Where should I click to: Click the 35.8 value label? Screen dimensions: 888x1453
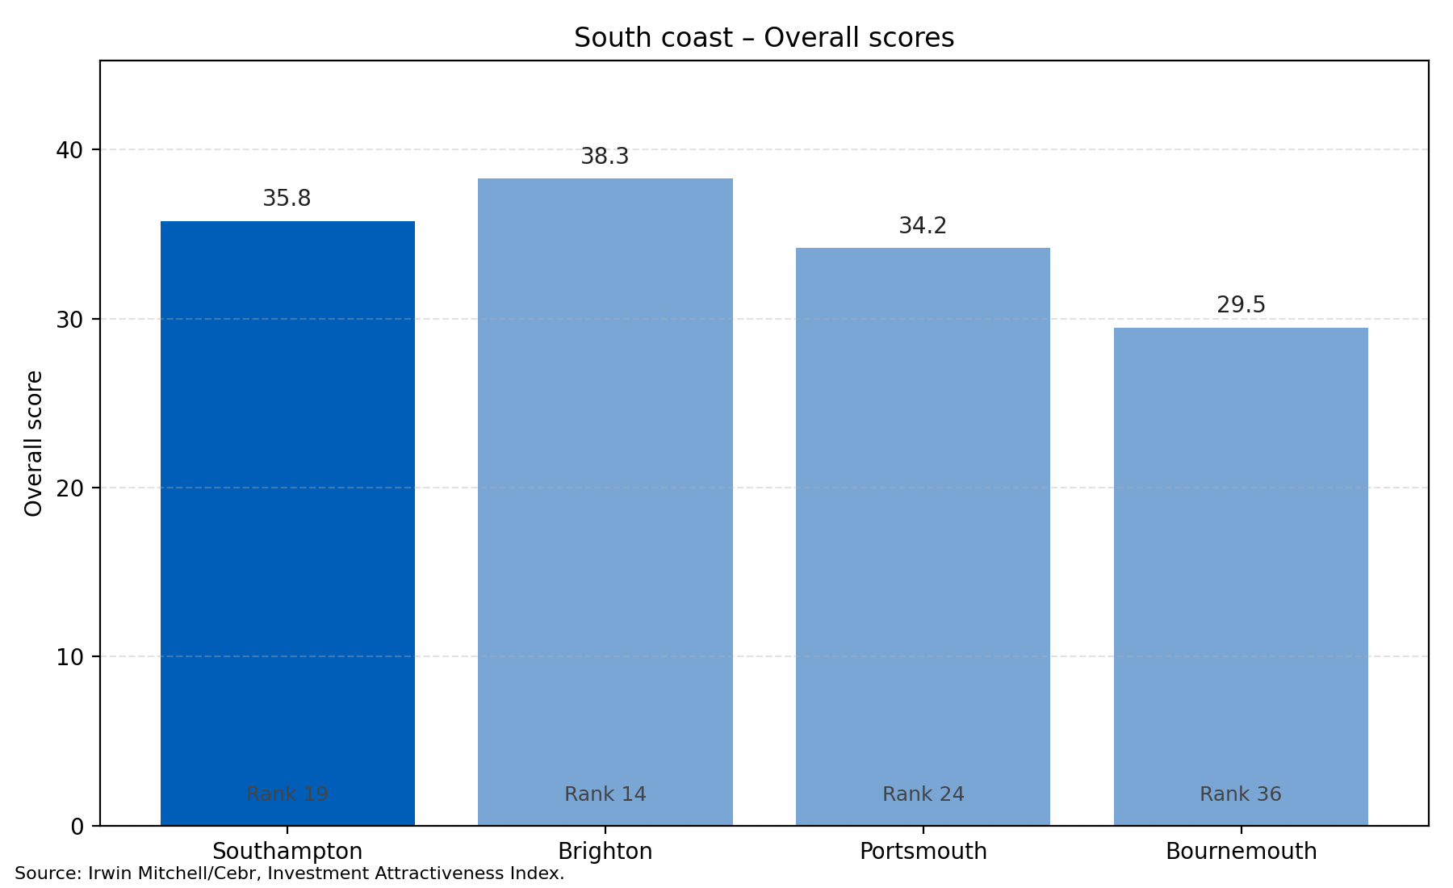coord(287,199)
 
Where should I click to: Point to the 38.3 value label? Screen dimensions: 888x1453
coord(605,157)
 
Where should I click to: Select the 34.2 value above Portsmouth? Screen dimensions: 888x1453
coord(923,226)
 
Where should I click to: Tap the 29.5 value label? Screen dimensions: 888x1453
coord(1241,305)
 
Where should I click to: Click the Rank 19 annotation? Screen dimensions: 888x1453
coord(287,794)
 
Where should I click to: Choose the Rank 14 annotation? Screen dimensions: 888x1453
coord(605,794)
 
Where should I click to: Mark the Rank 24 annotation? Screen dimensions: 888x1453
coord(923,794)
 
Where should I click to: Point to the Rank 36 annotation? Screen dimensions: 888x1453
coord(1241,794)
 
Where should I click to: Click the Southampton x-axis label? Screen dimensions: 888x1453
coord(287,852)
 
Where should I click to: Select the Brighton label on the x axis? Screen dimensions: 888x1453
coord(605,852)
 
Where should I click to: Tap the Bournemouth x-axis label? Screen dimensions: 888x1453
coord(1241,852)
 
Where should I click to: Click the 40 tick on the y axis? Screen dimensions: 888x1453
coord(70,150)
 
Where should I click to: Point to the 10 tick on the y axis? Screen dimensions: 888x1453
coord(70,657)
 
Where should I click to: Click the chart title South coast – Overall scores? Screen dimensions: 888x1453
coord(764,38)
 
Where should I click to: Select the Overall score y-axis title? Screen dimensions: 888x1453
coord(34,443)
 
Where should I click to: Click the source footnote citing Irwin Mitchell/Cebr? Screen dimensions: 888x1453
coord(289,873)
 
